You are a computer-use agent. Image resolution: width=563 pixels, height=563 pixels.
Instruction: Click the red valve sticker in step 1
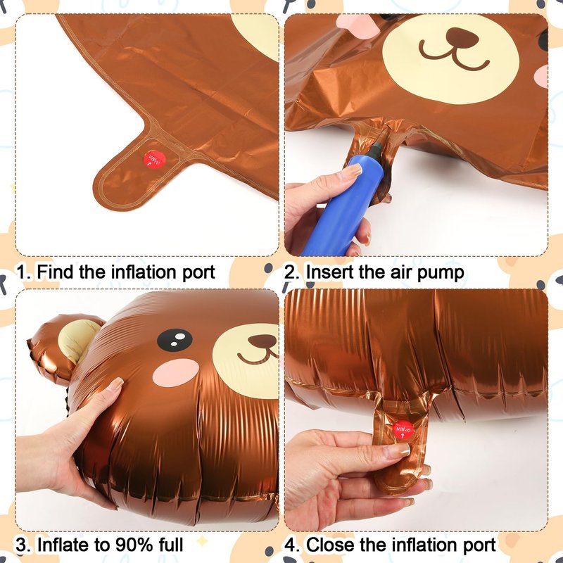(x=155, y=160)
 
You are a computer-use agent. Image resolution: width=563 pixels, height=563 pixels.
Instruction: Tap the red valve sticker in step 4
(x=403, y=429)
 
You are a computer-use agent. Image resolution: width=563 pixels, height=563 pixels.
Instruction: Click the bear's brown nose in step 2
(x=462, y=38)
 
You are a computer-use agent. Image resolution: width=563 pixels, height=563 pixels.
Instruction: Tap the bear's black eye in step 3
(x=175, y=340)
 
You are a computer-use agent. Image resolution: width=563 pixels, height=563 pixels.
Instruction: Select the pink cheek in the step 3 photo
(x=175, y=372)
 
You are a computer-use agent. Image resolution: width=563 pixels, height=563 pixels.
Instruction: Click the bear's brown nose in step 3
(x=263, y=341)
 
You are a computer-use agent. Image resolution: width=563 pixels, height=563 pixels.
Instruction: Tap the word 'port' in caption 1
(x=198, y=273)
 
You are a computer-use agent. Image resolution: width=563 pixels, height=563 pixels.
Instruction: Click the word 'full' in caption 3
(x=171, y=544)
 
